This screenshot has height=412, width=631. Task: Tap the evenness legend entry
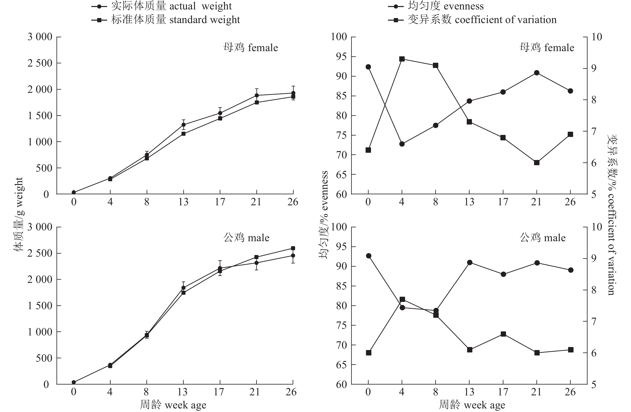click(x=436, y=6)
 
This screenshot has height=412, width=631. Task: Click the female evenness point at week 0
click(x=368, y=67)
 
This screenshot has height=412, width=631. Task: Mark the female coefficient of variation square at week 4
click(x=402, y=59)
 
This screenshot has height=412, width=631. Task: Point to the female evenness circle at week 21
click(x=537, y=73)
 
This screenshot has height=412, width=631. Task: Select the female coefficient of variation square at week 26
click(x=571, y=135)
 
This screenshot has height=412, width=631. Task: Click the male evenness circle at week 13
click(x=470, y=263)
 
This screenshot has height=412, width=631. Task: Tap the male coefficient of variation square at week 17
click(x=503, y=334)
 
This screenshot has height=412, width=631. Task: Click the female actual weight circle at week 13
click(x=183, y=125)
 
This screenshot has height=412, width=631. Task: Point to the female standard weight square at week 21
click(x=257, y=102)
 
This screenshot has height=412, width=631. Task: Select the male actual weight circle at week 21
click(x=256, y=263)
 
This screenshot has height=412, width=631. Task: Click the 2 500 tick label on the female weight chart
click(x=40, y=63)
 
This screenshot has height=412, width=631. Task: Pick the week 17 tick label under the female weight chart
click(x=220, y=202)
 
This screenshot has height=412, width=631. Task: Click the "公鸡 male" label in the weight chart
click(x=246, y=238)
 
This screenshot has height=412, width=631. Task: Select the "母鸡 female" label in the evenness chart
click(x=547, y=48)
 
